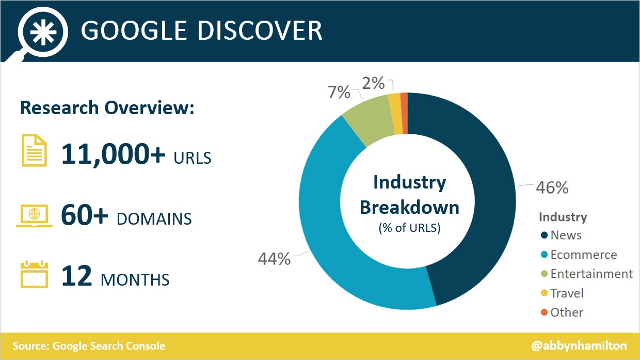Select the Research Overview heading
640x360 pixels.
coord(107,108)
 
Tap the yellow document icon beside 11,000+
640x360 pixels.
coord(34,150)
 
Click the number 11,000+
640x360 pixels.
coord(114,153)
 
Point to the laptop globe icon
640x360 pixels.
coord(34,215)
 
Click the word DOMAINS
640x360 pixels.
coord(154,219)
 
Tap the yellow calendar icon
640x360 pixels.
coord(34,275)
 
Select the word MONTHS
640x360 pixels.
coord(135,280)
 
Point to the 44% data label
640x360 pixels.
coord(274,259)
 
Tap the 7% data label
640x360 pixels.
coord(339,92)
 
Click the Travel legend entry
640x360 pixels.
coord(567,293)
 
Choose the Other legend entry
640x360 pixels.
coord(566,312)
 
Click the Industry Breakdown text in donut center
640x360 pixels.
coord(409,195)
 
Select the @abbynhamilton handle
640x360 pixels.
coord(579,346)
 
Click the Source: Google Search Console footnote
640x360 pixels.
coord(89,346)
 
